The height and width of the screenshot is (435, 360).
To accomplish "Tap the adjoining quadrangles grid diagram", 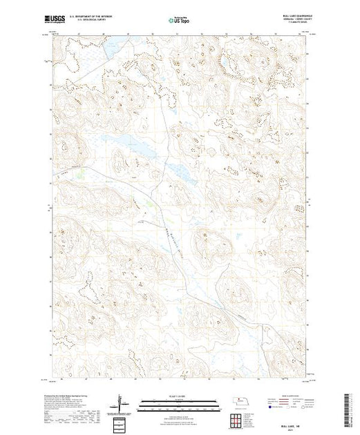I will [238, 418].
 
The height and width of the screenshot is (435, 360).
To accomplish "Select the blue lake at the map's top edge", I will [111, 48].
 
